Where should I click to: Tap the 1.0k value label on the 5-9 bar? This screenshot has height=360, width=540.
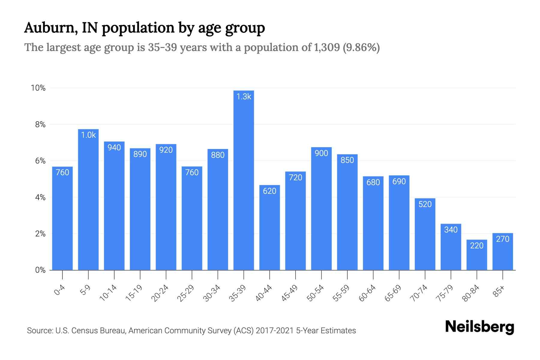pos(88,135)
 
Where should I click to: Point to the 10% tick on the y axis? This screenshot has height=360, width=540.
pos(38,88)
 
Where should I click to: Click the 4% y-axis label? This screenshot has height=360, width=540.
pos(40,197)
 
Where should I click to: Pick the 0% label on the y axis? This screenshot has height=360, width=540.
pos(40,270)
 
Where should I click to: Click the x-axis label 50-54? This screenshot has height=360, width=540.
pos(316,293)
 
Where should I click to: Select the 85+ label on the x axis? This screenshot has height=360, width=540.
pos(499,291)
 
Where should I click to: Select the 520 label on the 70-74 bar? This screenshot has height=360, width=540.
pos(425,204)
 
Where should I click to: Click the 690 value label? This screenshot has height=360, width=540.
pos(399,181)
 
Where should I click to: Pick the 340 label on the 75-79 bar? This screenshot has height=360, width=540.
pos(451,230)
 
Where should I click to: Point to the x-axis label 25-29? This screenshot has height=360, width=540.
pos(186,293)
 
